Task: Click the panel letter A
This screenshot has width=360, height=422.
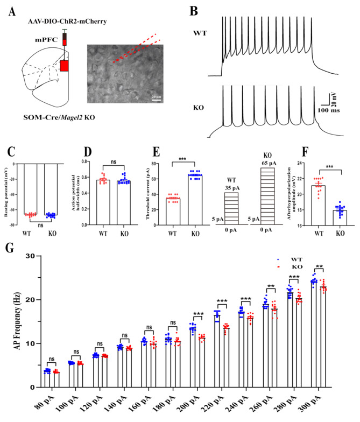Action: click(11, 12)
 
